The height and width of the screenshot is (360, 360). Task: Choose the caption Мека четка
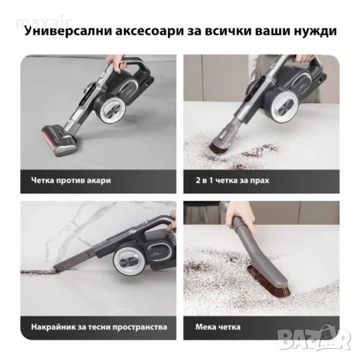(x=215, y=327)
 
